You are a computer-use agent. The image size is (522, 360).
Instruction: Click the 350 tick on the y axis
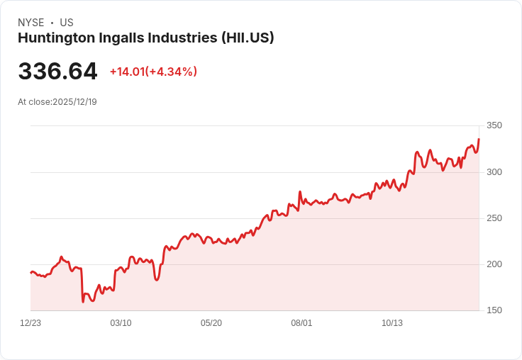494,125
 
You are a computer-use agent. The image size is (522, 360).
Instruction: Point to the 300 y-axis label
494,172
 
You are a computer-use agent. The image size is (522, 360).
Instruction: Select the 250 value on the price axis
494,218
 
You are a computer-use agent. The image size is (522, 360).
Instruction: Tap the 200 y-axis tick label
494,264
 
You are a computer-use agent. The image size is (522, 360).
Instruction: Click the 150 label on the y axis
494,310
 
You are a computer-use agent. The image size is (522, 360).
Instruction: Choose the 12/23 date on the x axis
30,323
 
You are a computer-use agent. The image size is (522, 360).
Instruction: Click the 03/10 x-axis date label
121,323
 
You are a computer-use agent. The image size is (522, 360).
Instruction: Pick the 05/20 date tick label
211,323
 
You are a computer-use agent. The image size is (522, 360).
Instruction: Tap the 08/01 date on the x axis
301,323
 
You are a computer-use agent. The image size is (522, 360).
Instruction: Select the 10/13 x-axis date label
392,323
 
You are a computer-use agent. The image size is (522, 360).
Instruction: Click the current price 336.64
57,72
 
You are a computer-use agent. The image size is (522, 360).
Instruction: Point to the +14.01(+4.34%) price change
153,72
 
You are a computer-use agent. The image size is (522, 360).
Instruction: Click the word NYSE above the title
31,23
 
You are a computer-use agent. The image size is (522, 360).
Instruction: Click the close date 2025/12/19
74,102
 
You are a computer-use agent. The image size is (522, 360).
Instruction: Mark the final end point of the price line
479,140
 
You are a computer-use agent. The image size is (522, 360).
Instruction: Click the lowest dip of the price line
83,302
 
